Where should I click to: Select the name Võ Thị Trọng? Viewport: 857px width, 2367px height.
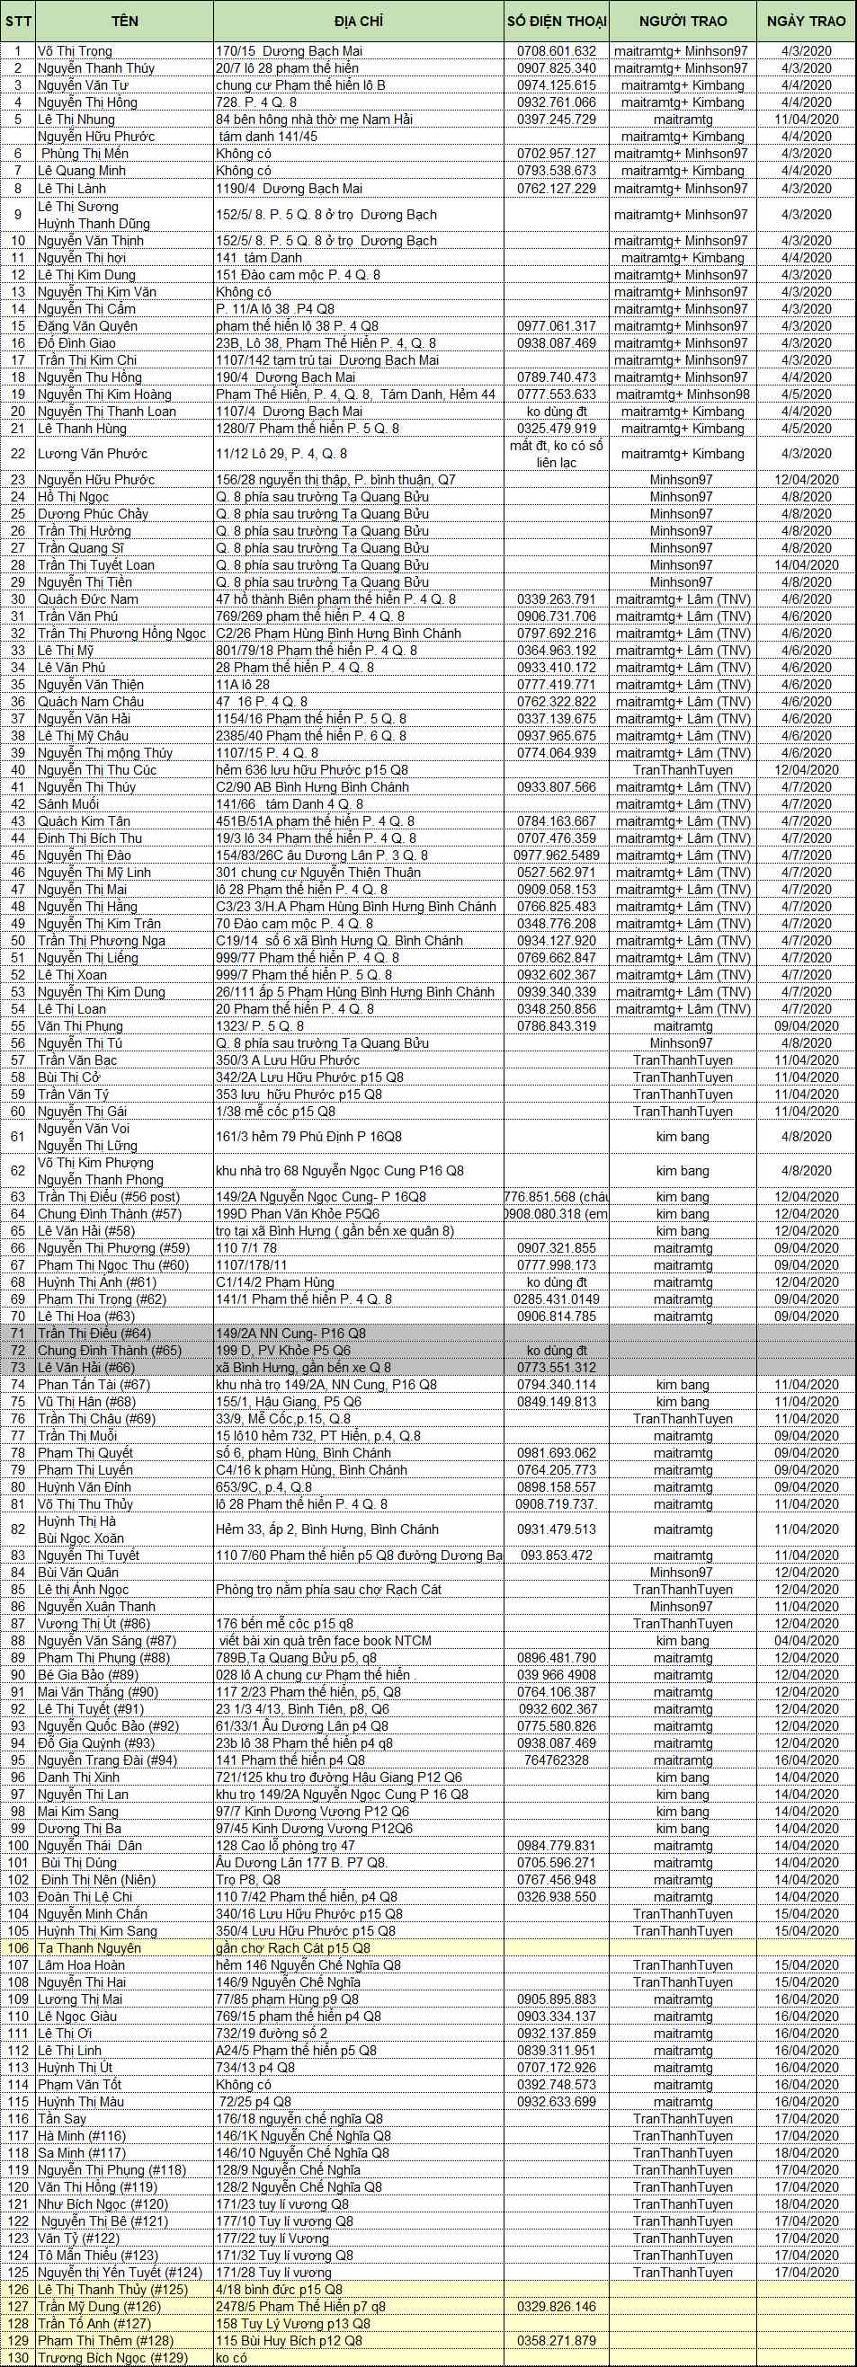tap(75, 51)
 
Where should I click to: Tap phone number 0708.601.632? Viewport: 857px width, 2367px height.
tap(557, 51)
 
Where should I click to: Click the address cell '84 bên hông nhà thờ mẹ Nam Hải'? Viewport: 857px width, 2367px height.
tap(315, 120)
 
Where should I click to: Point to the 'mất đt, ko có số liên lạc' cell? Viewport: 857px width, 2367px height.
tap(557, 454)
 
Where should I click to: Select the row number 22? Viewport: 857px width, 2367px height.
tap(17, 454)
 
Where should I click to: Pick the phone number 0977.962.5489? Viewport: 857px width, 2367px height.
tap(557, 855)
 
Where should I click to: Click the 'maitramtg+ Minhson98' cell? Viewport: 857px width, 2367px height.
tap(682, 394)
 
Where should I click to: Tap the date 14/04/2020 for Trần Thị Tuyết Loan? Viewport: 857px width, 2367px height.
tap(806, 565)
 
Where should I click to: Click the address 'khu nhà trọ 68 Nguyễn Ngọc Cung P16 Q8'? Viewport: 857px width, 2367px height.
tap(340, 1171)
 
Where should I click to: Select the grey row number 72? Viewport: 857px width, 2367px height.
tap(17, 1351)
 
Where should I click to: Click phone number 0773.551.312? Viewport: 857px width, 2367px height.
tap(557, 1368)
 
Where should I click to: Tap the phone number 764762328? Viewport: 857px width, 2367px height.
tap(557, 1760)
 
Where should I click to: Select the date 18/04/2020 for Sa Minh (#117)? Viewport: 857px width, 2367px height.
tap(806, 2153)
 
